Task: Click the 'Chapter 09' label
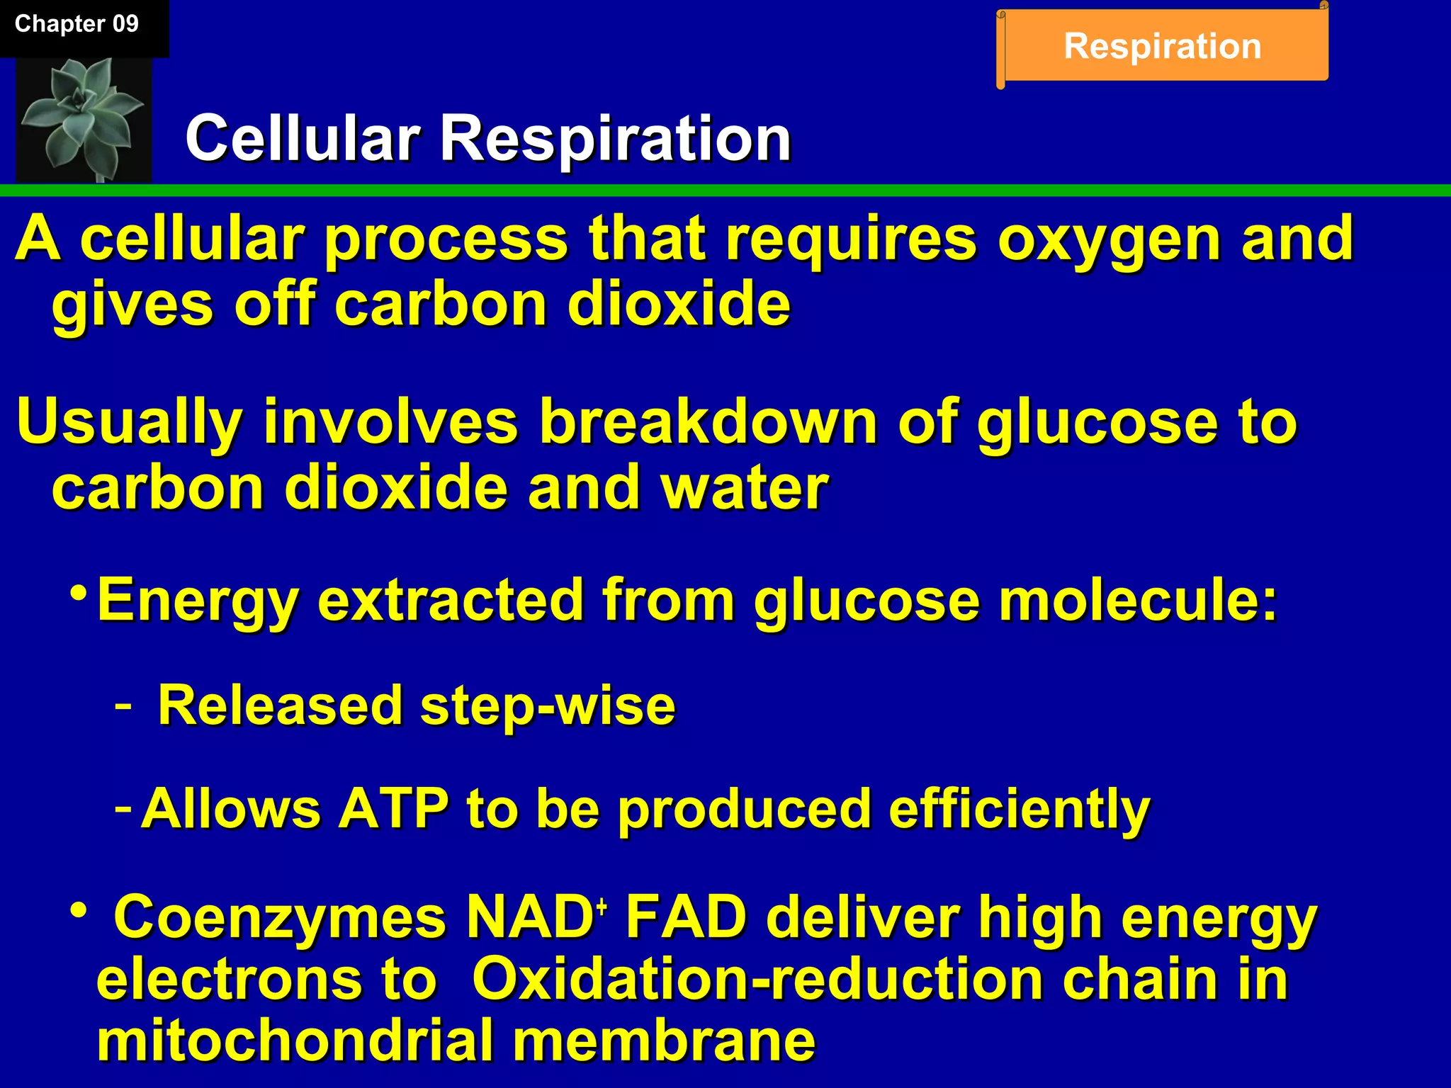[77, 24]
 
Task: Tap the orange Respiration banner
[1162, 47]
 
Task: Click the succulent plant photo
[84, 119]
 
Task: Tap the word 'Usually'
[129, 422]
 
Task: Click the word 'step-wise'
[548, 706]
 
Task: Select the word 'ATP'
[393, 809]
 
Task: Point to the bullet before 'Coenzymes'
[79, 909]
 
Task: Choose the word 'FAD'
[686, 918]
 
